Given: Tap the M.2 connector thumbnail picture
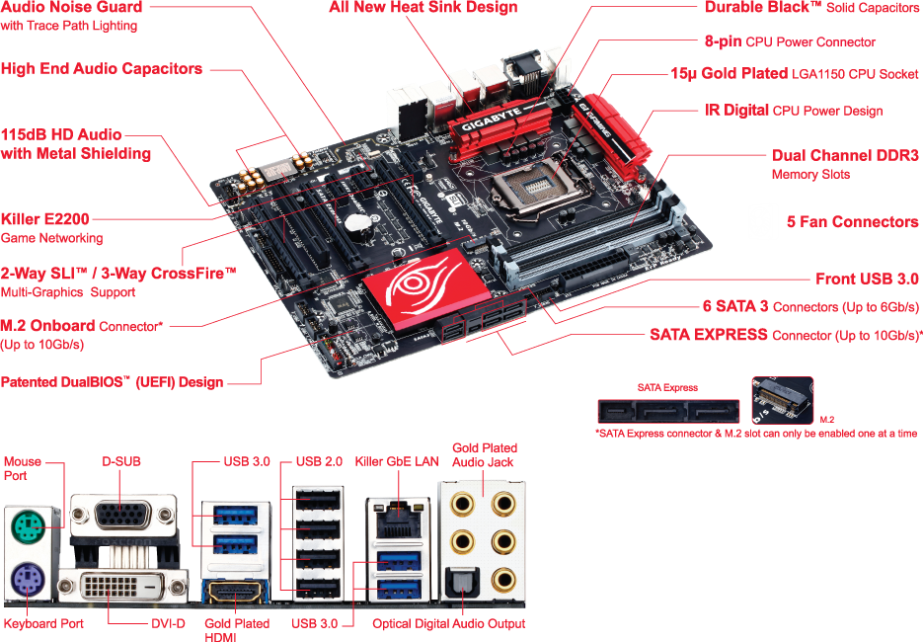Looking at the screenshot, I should click(783, 403).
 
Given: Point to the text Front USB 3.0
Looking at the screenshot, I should click(867, 280).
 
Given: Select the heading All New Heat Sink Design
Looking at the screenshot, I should click(423, 8).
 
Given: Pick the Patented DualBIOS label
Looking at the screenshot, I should click(112, 382).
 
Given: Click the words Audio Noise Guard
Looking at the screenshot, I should click(71, 8).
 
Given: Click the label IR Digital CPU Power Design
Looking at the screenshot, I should click(793, 111).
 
